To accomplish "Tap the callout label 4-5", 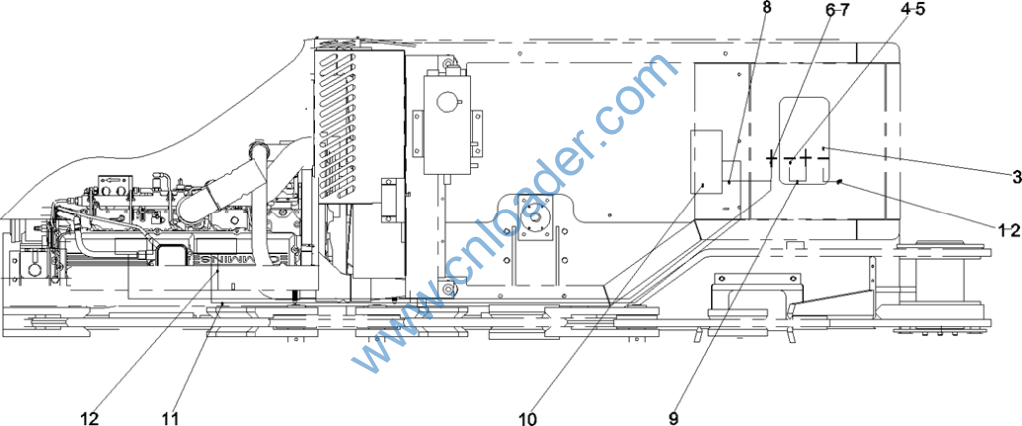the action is click(x=912, y=9).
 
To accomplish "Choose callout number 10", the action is click(x=528, y=417).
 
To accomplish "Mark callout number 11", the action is click(x=172, y=417).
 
